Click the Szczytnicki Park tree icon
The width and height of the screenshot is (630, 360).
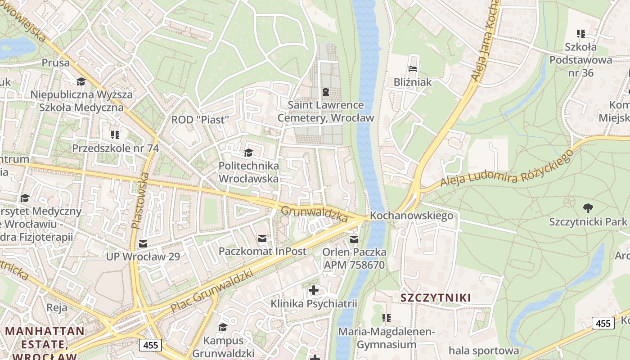pos(588,207)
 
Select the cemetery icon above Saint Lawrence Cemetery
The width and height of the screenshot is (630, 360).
pos(326,92)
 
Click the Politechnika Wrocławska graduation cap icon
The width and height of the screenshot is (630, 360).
pos(248,153)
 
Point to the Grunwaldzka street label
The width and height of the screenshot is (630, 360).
pos(315,214)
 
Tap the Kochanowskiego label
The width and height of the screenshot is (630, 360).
pos(411,216)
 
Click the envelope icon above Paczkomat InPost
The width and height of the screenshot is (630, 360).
pos(262,238)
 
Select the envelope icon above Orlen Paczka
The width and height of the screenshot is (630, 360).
pos(355,239)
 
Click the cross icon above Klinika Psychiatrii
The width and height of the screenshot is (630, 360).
pos(314,290)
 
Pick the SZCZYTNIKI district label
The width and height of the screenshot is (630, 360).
pos(435,297)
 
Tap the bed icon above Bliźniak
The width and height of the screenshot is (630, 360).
pos(413,69)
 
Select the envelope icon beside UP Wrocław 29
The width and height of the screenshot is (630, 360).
pos(143,243)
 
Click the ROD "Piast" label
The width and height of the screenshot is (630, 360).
pos(200,120)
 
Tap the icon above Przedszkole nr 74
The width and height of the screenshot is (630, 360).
pos(115,135)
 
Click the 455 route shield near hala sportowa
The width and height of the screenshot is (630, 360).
pos(603,323)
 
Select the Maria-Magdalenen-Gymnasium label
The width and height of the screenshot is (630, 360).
pos(387,338)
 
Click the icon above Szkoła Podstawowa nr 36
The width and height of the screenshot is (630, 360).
pos(581,33)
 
